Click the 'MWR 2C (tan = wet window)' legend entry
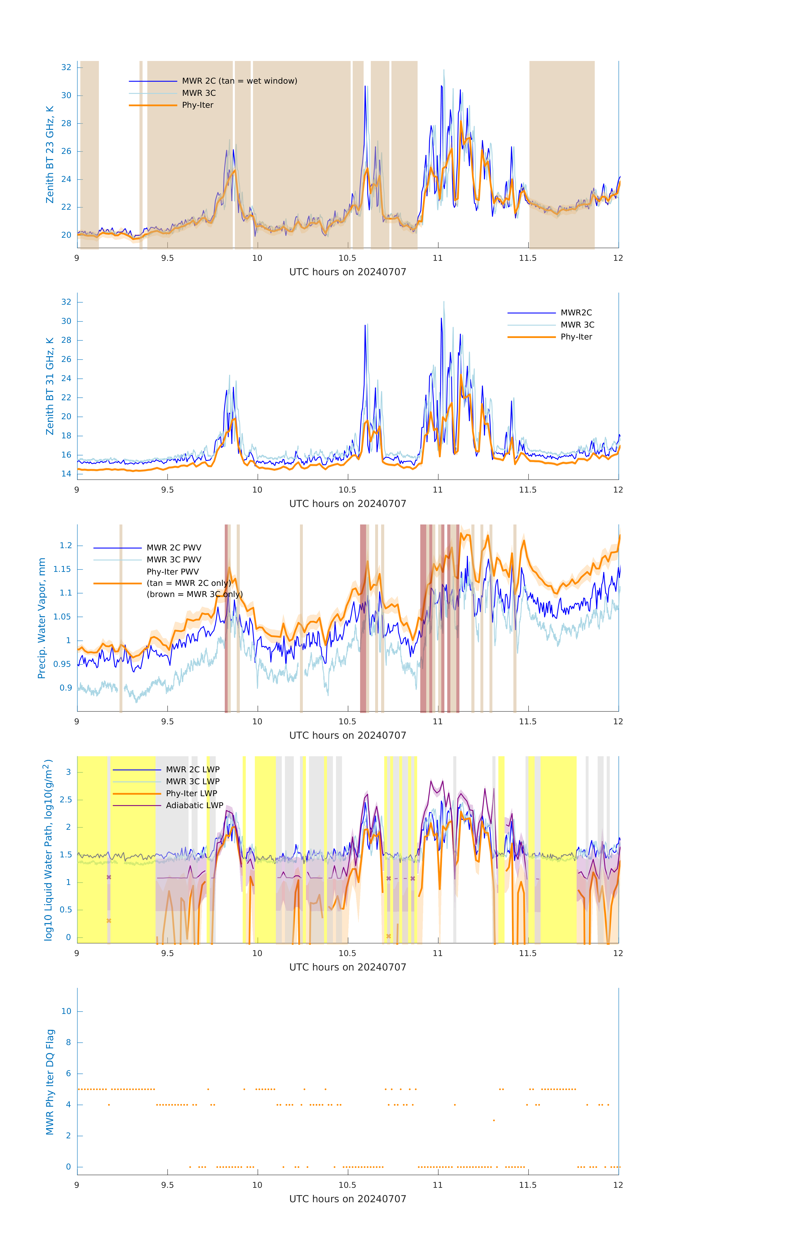239,81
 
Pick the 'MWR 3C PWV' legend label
174,559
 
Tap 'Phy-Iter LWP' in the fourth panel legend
191,794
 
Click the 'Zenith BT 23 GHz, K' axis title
50,154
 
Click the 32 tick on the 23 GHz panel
66,67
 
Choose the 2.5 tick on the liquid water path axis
65,800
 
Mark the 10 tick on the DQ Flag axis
66,1011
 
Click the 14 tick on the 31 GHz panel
66,474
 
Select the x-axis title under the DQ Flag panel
348,1199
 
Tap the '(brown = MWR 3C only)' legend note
194,594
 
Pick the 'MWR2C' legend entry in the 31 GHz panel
576,313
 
